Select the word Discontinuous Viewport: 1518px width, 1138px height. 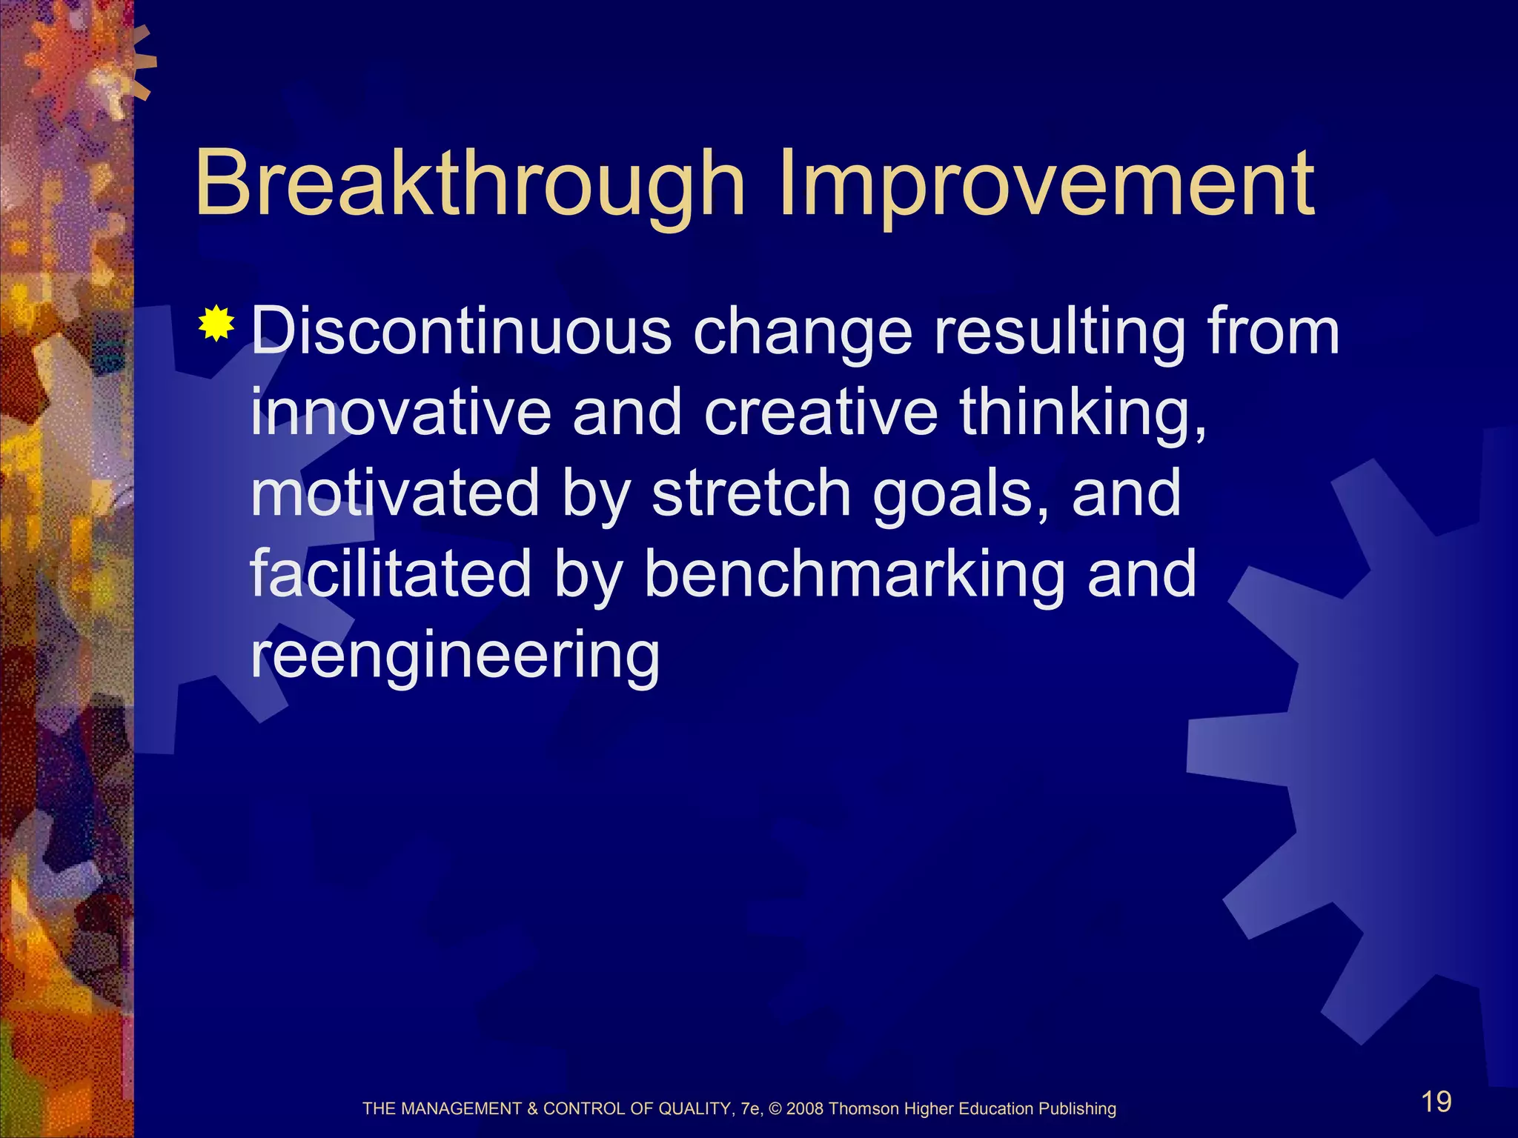click(460, 331)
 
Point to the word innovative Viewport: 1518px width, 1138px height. click(400, 413)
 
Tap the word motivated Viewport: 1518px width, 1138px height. click(395, 493)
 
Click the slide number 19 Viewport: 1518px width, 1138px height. click(1436, 1102)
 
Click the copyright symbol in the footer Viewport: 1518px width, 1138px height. click(775, 1109)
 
